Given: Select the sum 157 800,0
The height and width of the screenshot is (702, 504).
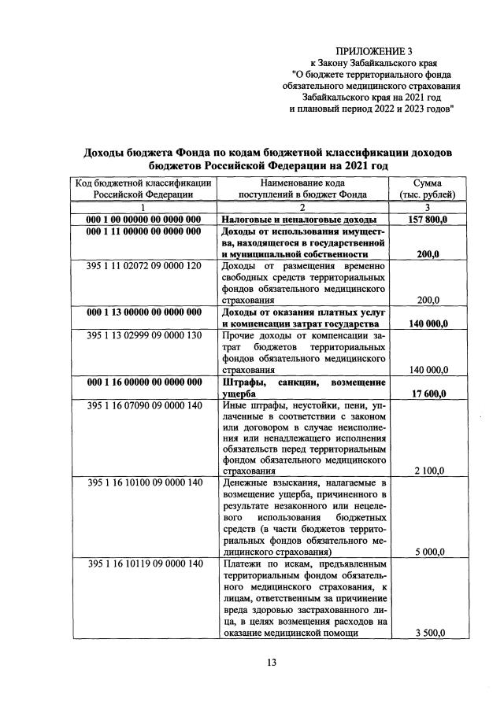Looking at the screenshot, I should pyautogui.click(x=430, y=219).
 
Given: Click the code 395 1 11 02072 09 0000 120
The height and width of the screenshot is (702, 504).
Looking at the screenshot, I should pyautogui.click(x=144, y=266).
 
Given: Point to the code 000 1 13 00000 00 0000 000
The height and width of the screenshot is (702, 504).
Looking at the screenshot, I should pyautogui.click(x=144, y=312).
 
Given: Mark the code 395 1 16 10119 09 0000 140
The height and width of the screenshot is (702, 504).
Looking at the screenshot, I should pyautogui.click(x=144, y=563).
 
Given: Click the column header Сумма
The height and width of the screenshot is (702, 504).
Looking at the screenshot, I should pyautogui.click(x=432, y=183).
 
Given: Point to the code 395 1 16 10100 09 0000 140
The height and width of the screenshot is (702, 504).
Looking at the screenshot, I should pyautogui.click(x=144, y=482).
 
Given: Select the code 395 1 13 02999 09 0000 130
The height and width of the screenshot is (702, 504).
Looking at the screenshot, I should pyautogui.click(x=144, y=334).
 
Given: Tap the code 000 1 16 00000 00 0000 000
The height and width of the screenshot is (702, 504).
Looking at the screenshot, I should pyautogui.click(x=144, y=382).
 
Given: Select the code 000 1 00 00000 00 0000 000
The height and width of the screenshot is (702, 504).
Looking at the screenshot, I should pyautogui.click(x=144, y=219).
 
